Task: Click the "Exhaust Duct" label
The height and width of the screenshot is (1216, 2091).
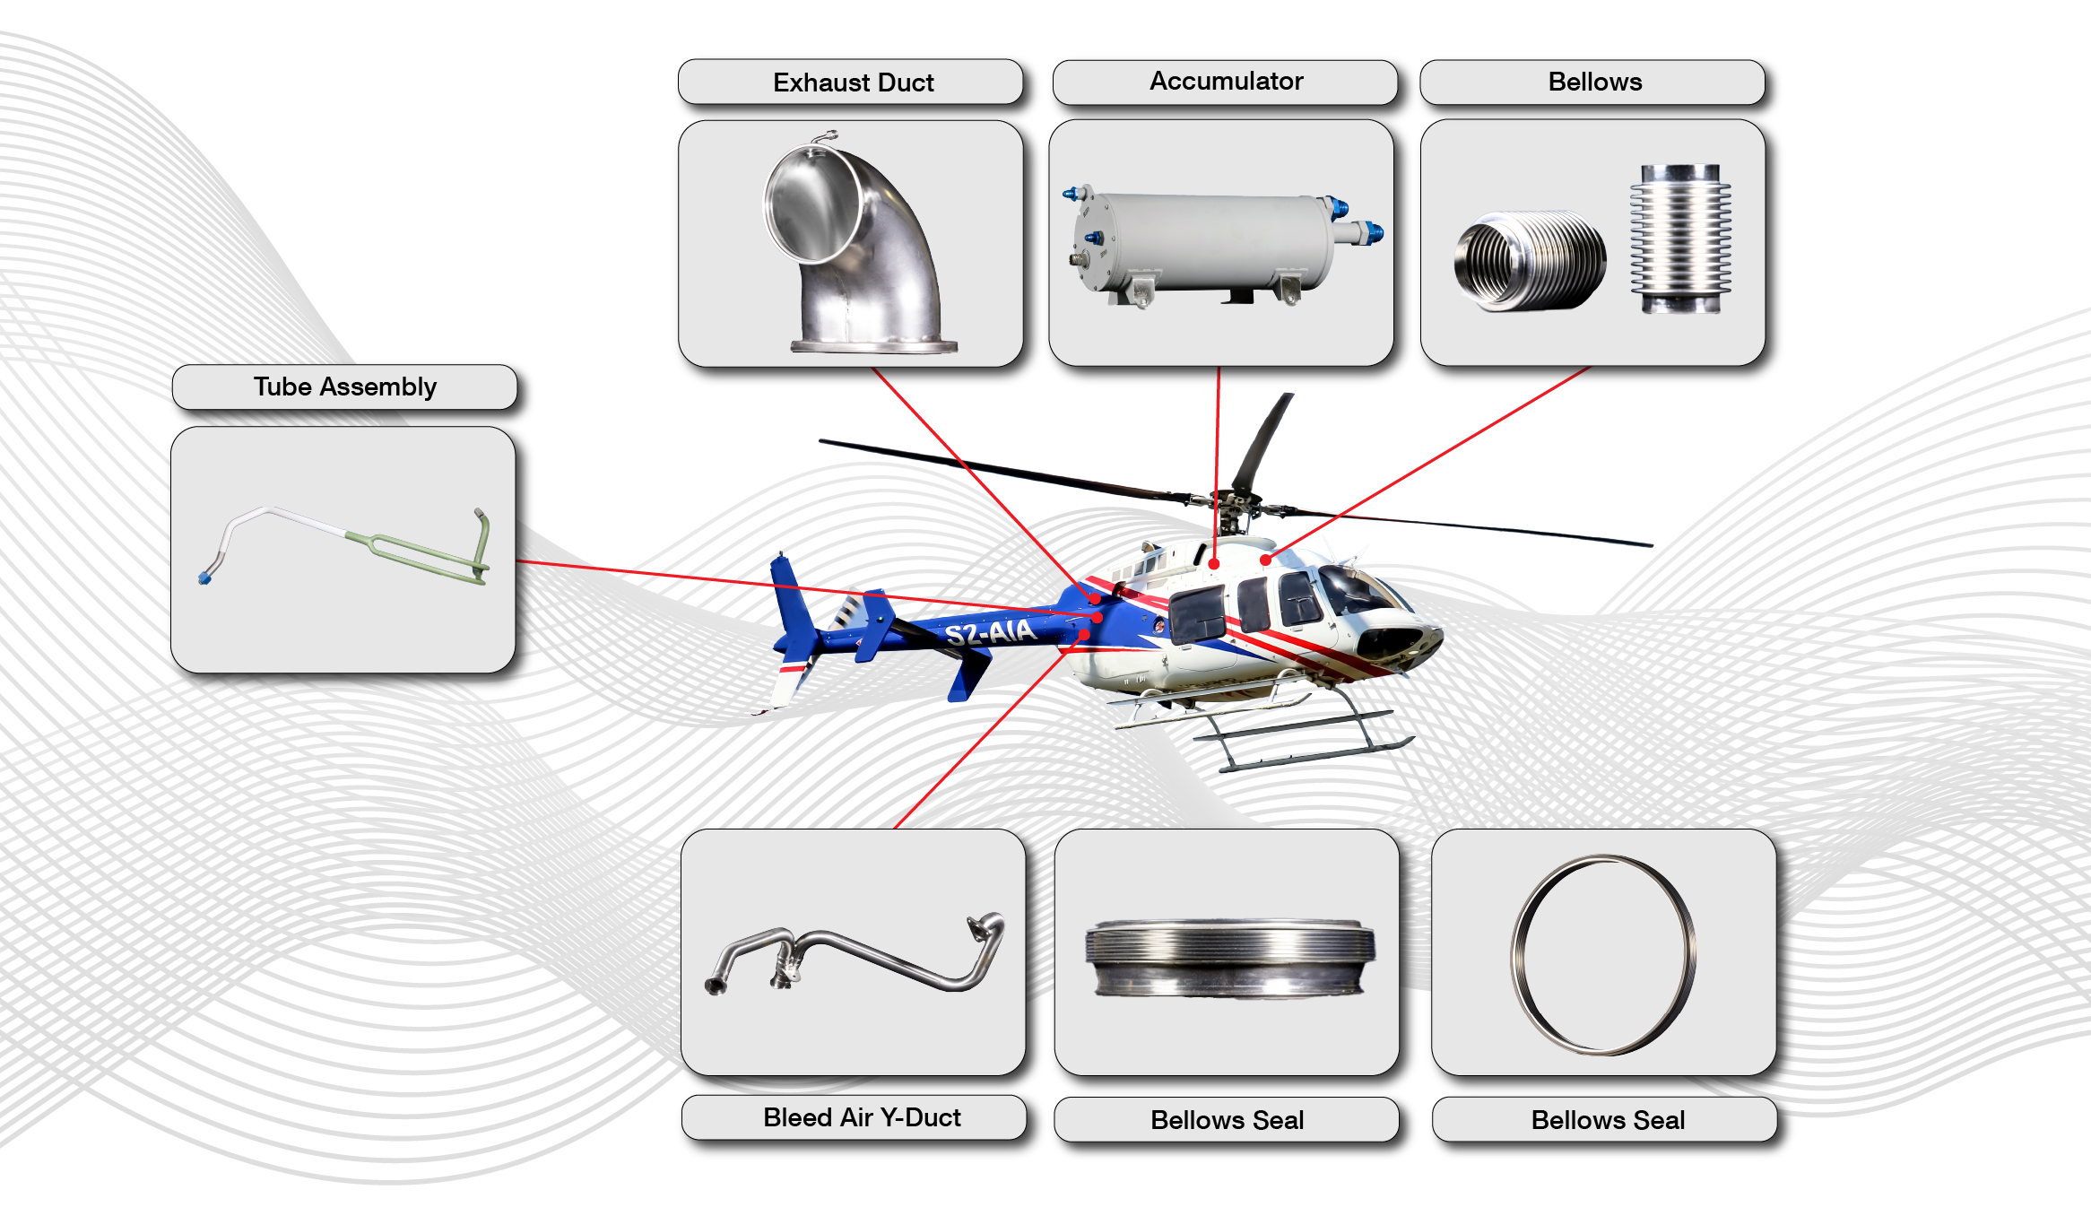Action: tap(853, 83)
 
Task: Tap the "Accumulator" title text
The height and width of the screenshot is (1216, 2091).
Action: tap(1226, 81)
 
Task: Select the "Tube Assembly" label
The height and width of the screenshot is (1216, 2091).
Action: tap(345, 387)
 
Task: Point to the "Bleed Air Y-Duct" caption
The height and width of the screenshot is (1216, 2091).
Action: tap(862, 1117)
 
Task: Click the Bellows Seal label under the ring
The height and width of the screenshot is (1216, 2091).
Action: tap(1608, 1120)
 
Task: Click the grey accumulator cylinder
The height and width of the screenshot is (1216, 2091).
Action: tap(1210, 242)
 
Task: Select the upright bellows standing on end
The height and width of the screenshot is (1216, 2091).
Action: tap(1680, 239)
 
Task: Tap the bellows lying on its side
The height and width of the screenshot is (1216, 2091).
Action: tap(1530, 260)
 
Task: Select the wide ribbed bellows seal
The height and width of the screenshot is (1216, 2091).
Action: tap(1228, 956)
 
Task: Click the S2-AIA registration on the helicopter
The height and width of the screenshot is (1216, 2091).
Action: tap(990, 632)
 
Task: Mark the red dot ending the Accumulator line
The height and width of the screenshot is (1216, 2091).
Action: tap(1214, 564)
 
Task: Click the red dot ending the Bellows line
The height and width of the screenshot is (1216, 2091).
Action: tap(1265, 560)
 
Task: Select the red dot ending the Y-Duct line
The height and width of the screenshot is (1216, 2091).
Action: tap(1085, 635)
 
